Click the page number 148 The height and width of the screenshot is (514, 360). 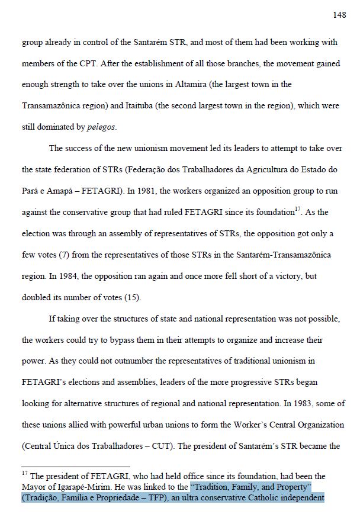point(339,15)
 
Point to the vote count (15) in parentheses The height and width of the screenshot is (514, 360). point(131,297)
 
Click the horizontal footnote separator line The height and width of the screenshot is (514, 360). point(75,467)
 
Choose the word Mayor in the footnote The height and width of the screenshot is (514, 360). point(34,487)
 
